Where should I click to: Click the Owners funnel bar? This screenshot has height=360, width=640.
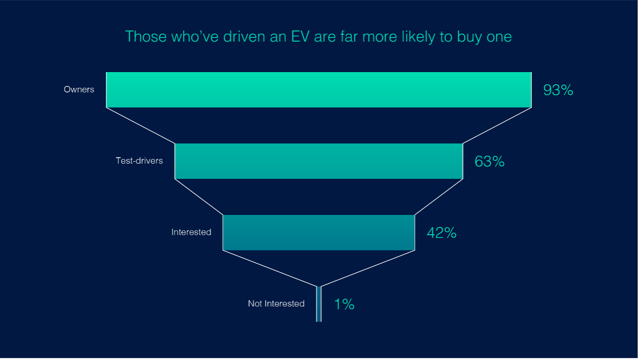point(319,90)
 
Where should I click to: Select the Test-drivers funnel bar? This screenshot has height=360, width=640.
point(319,161)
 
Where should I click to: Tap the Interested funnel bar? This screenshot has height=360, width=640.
point(319,232)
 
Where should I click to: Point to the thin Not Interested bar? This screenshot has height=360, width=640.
point(319,304)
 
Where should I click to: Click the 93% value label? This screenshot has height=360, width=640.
point(558,90)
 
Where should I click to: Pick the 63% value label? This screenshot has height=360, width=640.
point(489,161)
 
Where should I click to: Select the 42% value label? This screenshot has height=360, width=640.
point(442,233)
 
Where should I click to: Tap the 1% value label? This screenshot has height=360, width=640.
point(344,304)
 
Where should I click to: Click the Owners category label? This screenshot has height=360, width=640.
point(79,90)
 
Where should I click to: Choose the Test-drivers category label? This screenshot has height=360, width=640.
point(139,161)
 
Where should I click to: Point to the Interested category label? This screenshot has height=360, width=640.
point(191,232)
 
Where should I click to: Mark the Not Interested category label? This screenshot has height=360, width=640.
point(276,304)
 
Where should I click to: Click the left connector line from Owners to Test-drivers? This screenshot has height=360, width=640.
point(141,125)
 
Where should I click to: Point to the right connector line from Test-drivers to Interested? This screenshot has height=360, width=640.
point(439,197)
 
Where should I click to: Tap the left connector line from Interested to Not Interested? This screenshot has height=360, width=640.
point(271,268)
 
